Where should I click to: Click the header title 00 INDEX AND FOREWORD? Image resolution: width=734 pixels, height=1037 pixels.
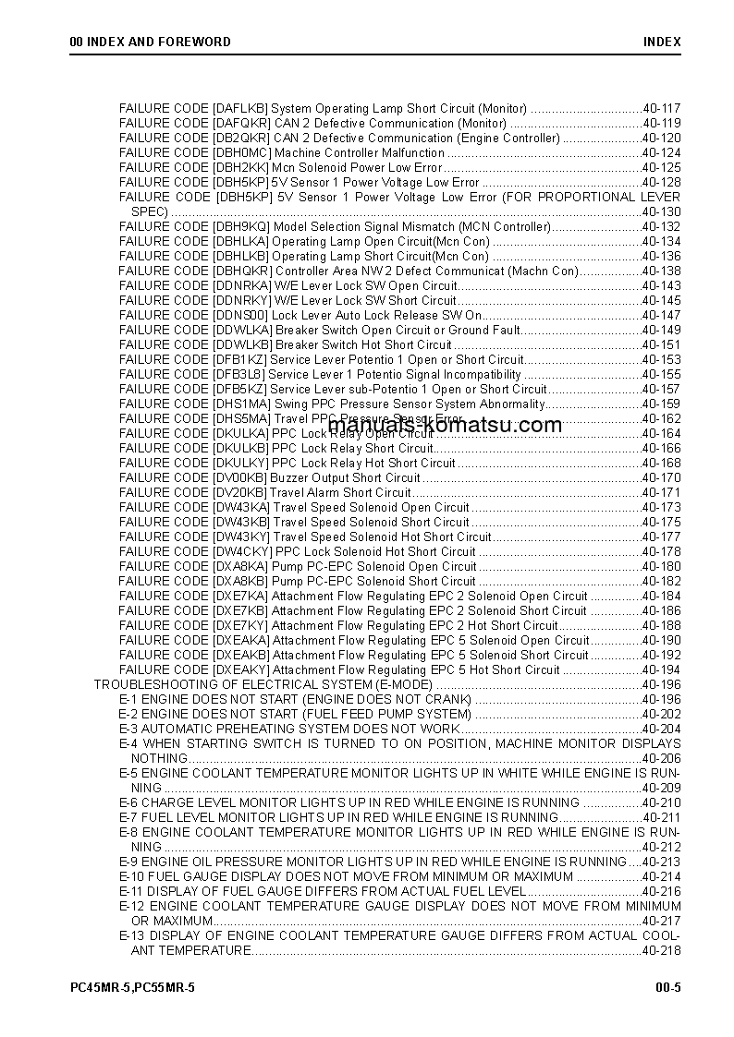(x=151, y=42)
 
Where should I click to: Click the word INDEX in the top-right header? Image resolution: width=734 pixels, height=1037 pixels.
(x=662, y=42)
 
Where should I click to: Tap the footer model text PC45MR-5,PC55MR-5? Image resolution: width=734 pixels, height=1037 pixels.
(x=132, y=987)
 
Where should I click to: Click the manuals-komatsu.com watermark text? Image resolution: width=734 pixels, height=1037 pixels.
(x=445, y=426)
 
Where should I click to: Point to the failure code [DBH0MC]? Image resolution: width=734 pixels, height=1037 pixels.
(x=241, y=152)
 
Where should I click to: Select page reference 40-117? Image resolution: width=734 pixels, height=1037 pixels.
(x=661, y=108)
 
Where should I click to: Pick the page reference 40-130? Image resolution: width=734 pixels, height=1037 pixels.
(x=661, y=211)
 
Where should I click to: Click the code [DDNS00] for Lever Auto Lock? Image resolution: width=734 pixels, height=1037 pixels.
(x=241, y=315)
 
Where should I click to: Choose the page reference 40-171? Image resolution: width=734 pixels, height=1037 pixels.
(x=661, y=492)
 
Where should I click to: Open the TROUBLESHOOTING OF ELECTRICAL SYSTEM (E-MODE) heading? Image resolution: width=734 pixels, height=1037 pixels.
(x=263, y=684)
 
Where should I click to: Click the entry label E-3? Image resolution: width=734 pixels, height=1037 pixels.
(x=128, y=729)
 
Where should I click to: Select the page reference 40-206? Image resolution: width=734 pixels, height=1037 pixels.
(x=661, y=758)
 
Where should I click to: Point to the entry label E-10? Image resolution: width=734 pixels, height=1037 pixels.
(x=131, y=876)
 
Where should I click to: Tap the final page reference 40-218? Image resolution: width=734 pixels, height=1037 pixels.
(x=661, y=950)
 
